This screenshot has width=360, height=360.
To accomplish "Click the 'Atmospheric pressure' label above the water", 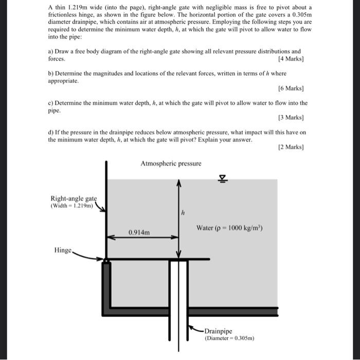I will [171, 164].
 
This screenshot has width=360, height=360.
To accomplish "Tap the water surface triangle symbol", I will [223, 178].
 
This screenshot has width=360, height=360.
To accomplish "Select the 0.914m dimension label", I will [139, 232].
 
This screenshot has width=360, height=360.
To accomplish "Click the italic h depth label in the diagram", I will [182, 212].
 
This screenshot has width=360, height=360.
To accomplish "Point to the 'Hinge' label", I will [63, 250].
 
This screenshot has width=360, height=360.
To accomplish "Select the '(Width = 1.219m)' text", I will [72, 206].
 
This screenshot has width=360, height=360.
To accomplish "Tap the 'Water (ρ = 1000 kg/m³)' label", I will [229, 227].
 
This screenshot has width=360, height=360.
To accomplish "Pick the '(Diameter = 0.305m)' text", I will [229, 338].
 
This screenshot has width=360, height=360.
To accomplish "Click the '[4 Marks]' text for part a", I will [292, 59].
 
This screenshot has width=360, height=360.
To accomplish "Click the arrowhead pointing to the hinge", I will [101, 259].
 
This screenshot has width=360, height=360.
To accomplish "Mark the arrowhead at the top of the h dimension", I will [178, 183].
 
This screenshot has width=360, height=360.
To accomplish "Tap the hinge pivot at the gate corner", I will [106, 261].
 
